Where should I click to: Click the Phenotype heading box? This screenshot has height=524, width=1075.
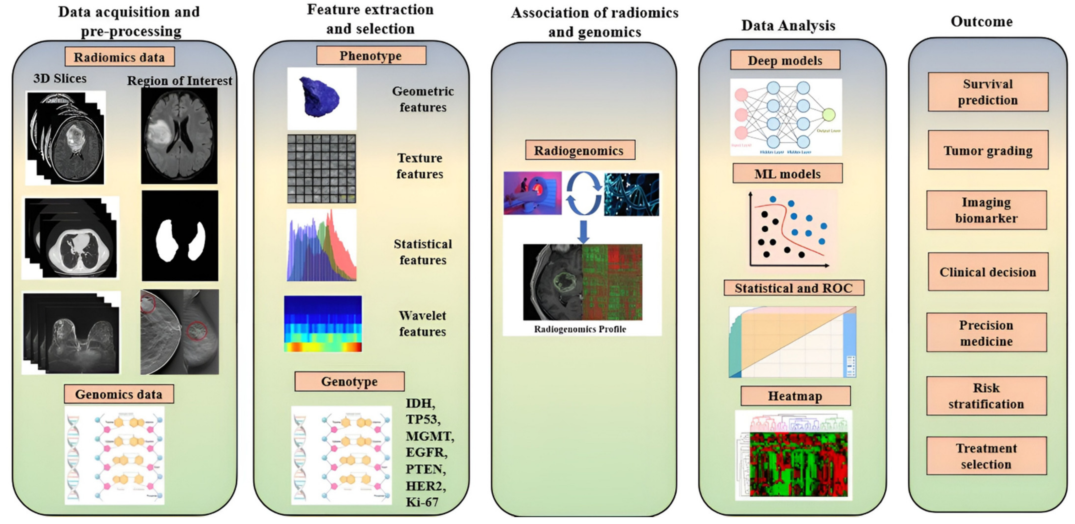(371, 56)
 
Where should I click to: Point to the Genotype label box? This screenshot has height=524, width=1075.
(349, 381)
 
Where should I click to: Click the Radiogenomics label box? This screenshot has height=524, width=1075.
(580, 150)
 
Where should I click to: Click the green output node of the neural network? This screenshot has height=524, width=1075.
(828, 114)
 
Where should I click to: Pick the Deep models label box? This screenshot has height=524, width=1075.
(785, 60)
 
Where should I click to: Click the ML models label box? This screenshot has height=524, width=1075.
(788, 174)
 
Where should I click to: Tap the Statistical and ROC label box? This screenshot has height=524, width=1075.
(794, 288)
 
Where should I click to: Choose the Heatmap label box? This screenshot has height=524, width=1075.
(795, 396)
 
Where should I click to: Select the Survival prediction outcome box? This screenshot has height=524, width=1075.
(988, 92)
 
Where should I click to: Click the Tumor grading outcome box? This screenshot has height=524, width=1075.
(988, 150)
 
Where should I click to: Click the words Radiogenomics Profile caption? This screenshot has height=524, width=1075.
(580, 329)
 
